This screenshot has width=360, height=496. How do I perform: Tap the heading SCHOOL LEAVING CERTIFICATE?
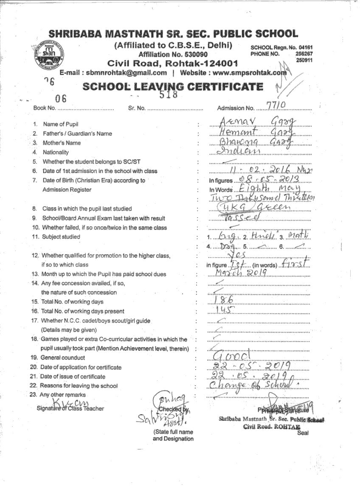[x=173, y=87]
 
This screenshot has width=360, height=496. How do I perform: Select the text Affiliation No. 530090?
[x=173, y=55]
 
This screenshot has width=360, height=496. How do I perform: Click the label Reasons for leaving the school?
[x=79, y=386]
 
